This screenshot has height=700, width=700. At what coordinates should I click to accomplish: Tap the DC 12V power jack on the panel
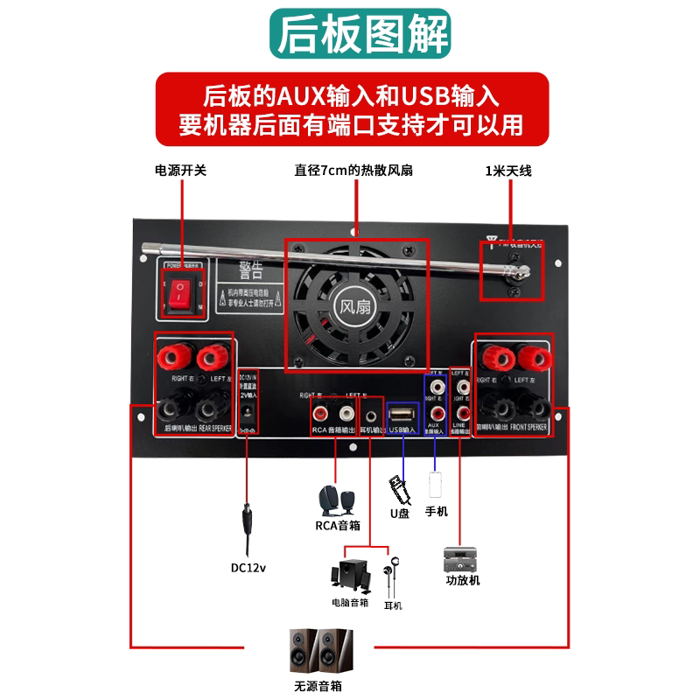248,412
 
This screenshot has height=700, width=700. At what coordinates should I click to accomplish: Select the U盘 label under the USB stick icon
400,514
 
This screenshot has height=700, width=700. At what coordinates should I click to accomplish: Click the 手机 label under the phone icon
436,511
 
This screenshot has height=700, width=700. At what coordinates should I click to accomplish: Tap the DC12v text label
248,567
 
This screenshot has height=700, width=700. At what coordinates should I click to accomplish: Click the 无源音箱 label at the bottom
318,687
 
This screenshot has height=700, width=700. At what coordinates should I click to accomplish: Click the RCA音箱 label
337,526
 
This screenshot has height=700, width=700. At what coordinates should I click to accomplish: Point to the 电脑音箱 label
350,602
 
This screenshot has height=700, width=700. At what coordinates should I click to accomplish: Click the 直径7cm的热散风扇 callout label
353,171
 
